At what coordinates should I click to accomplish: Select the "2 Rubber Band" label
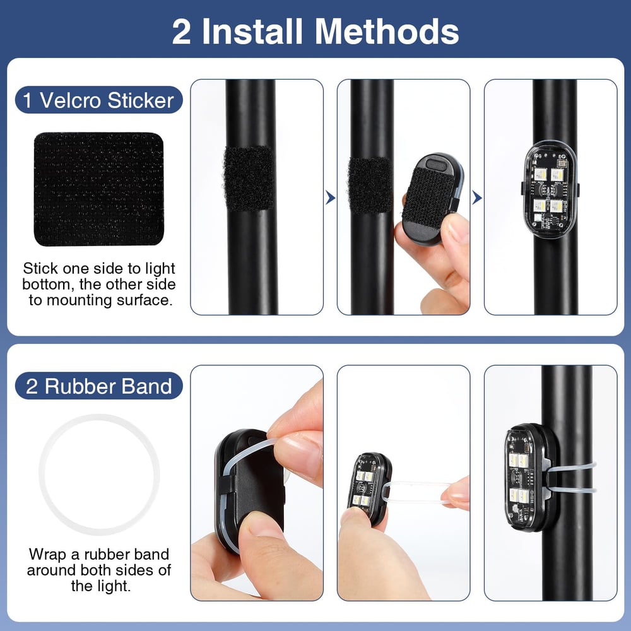(98, 386)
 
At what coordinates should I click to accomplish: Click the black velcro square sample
(98, 189)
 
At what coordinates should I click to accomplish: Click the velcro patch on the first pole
(249, 178)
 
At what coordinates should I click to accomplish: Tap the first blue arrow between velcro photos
(330, 199)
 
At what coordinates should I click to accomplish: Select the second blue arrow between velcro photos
(477, 199)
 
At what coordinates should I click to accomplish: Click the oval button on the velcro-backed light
(435, 165)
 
